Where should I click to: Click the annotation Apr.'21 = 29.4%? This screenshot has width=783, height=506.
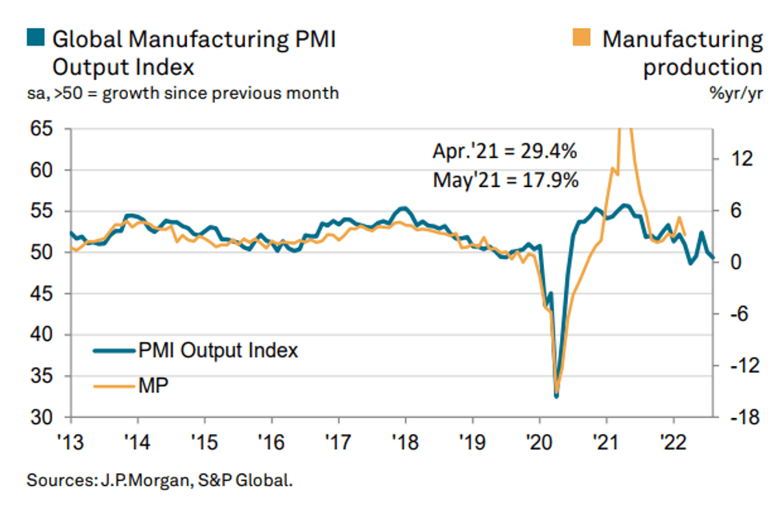(x=505, y=151)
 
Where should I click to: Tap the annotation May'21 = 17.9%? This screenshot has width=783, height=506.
(x=505, y=180)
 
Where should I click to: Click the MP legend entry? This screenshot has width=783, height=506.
(x=153, y=386)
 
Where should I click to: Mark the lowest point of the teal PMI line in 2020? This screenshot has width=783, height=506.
(x=556, y=395)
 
